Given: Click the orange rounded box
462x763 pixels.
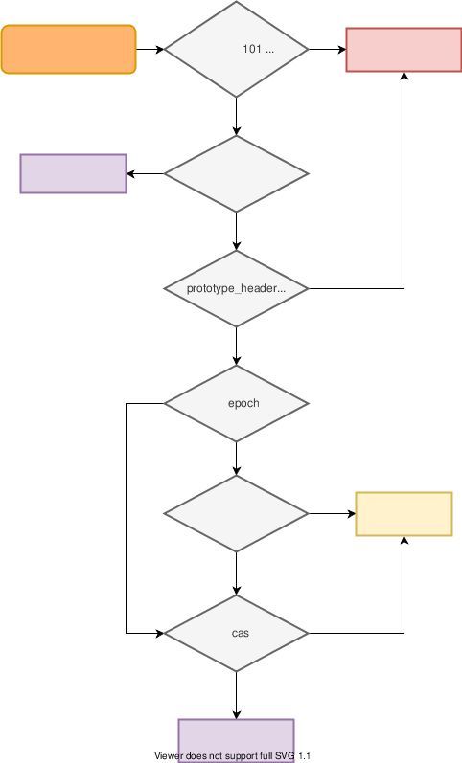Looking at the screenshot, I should click(x=69, y=50).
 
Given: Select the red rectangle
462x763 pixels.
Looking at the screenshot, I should click(x=404, y=50).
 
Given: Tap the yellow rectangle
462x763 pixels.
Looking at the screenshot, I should click(x=404, y=514).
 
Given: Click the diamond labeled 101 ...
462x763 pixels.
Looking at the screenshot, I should click(x=237, y=49).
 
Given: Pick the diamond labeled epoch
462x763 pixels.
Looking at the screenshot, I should click(x=237, y=403).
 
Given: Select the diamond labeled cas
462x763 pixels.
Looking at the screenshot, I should click(x=237, y=633).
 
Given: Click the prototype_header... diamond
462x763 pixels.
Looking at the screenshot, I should click(x=237, y=288).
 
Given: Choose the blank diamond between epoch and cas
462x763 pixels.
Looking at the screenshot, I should click(x=237, y=514).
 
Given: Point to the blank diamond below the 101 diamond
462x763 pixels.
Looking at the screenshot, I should click(x=237, y=173).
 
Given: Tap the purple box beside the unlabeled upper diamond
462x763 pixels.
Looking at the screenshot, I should click(x=74, y=173).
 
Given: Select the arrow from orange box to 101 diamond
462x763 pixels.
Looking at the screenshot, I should click(x=150, y=49).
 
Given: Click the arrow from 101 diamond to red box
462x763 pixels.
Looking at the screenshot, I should click(x=326, y=49).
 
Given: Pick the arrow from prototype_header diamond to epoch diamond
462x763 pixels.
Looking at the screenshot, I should click(x=237, y=346).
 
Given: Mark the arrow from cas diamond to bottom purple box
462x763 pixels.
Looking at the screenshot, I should click(x=237, y=694).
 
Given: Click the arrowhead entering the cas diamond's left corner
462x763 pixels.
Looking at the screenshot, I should click(x=159, y=633).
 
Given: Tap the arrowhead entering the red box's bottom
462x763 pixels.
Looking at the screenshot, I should click(x=404, y=77).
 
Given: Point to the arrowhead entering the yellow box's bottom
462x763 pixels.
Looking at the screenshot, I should click(x=404, y=541).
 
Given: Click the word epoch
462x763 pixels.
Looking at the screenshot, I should click(x=243, y=403).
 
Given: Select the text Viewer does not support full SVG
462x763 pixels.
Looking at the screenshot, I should click(x=232, y=756).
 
